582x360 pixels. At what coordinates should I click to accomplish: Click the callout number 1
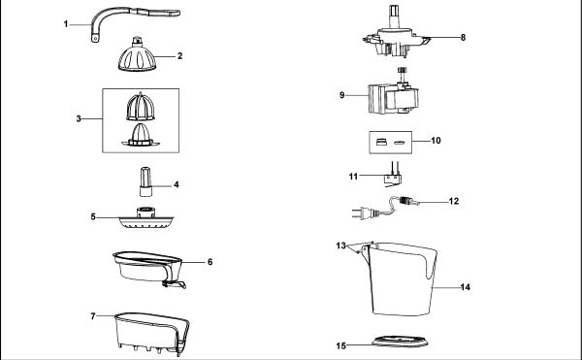click(x=66, y=24)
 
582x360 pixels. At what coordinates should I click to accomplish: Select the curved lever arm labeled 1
click(x=112, y=14)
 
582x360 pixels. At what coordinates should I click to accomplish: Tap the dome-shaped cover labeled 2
click(x=137, y=56)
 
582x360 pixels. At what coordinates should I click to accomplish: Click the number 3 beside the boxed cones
click(x=79, y=118)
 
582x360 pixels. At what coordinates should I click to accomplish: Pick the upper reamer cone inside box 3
click(x=141, y=107)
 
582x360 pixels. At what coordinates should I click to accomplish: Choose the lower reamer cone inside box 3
click(x=141, y=135)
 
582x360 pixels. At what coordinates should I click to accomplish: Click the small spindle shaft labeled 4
click(x=145, y=181)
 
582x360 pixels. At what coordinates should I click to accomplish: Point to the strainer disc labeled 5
click(x=145, y=219)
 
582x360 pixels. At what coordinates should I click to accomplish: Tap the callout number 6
click(x=210, y=262)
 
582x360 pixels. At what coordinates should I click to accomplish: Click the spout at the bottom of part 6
click(x=175, y=284)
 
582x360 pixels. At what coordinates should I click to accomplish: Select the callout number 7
click(x=93, y=316)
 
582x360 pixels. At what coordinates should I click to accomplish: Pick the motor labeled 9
click(x=394, y=97)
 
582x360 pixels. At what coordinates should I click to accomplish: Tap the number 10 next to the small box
click(x=436, y=141)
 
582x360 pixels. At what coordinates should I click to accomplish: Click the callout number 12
click(x=454, y=201)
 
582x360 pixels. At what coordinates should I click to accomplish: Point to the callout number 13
click(x=341, y=245)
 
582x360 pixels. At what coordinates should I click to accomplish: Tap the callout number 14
click(x=466, y=287)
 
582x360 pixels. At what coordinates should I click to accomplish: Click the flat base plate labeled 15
click(x=400, y=341)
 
